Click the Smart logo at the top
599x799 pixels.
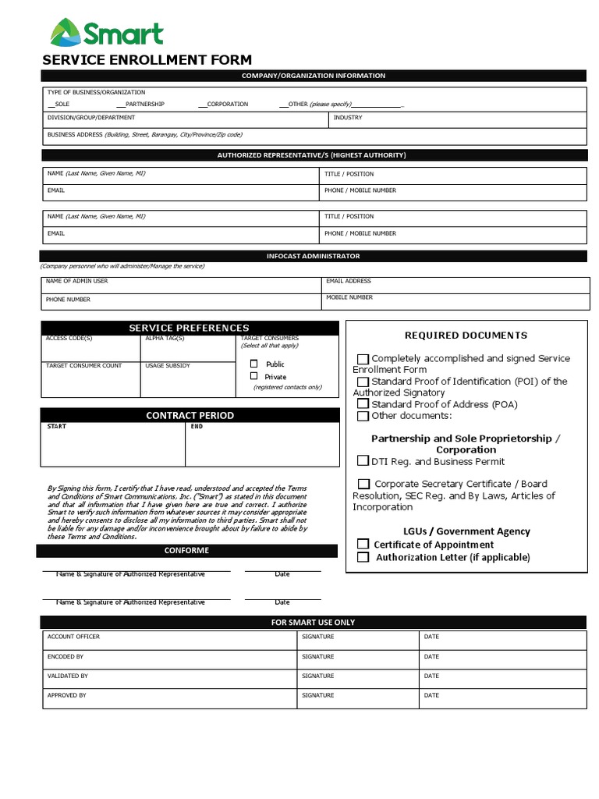tap(107, 34)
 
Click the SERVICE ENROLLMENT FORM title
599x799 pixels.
tap(147, 60)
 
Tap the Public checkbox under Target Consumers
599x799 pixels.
tap(253, 364)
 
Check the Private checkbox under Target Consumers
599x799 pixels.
tap(253, 376)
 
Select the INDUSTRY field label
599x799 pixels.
tap(348, 118)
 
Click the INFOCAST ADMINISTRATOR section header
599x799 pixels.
tap(313, 256)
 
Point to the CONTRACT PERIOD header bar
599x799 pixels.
tap(190, 415)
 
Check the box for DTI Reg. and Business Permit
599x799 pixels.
tap(363, 461)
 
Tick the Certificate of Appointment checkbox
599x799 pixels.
tap(363, 544)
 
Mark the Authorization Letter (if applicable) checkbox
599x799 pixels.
tap(363, 557)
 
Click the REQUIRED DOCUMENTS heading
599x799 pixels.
tap(466, 336)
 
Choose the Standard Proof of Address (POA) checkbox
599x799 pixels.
tap(363, 404)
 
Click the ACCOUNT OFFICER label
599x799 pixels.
tap(73, 637)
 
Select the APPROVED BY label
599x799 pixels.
tap(66, 695)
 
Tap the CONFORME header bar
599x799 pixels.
tap(186, 551)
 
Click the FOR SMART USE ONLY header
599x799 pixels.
tap(313, 622)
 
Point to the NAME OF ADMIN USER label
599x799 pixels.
tap(76, 281)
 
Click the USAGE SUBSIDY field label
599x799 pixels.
tap(167, 365)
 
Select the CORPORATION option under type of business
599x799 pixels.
tap(227, 104)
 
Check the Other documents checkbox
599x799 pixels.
tap(363, 416)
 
